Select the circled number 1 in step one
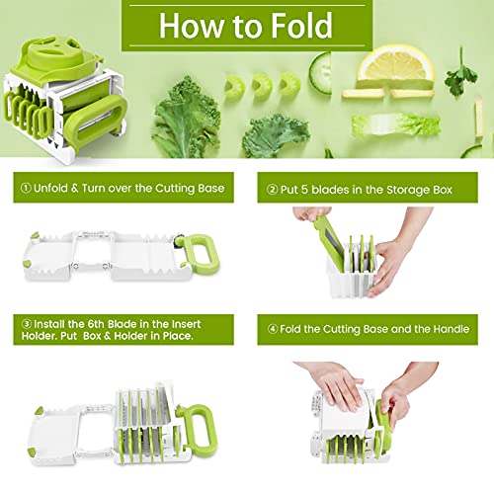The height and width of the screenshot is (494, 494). pos(26,188)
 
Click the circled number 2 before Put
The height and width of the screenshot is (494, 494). pos(272,190)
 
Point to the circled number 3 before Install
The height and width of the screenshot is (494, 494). pos(27,324)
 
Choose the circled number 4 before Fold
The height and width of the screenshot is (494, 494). pos(273,329)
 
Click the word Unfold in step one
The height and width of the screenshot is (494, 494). pos(50,188)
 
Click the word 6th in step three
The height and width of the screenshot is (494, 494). pos(96,324)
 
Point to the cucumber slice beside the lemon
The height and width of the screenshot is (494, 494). pos(320,73)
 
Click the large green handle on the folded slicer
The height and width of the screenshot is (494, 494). pos(96,123)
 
